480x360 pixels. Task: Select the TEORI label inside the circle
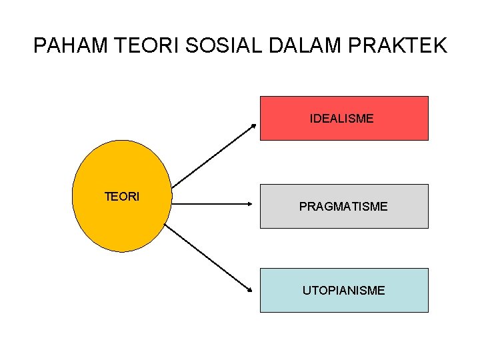click(x=122, y=197)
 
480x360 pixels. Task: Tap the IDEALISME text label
click(x=341, y=119)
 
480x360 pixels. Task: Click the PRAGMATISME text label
click(x=343, y=207)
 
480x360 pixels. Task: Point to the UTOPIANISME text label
click(x=343, y=291)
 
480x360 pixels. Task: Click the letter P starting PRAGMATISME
click(x=303, y=207)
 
